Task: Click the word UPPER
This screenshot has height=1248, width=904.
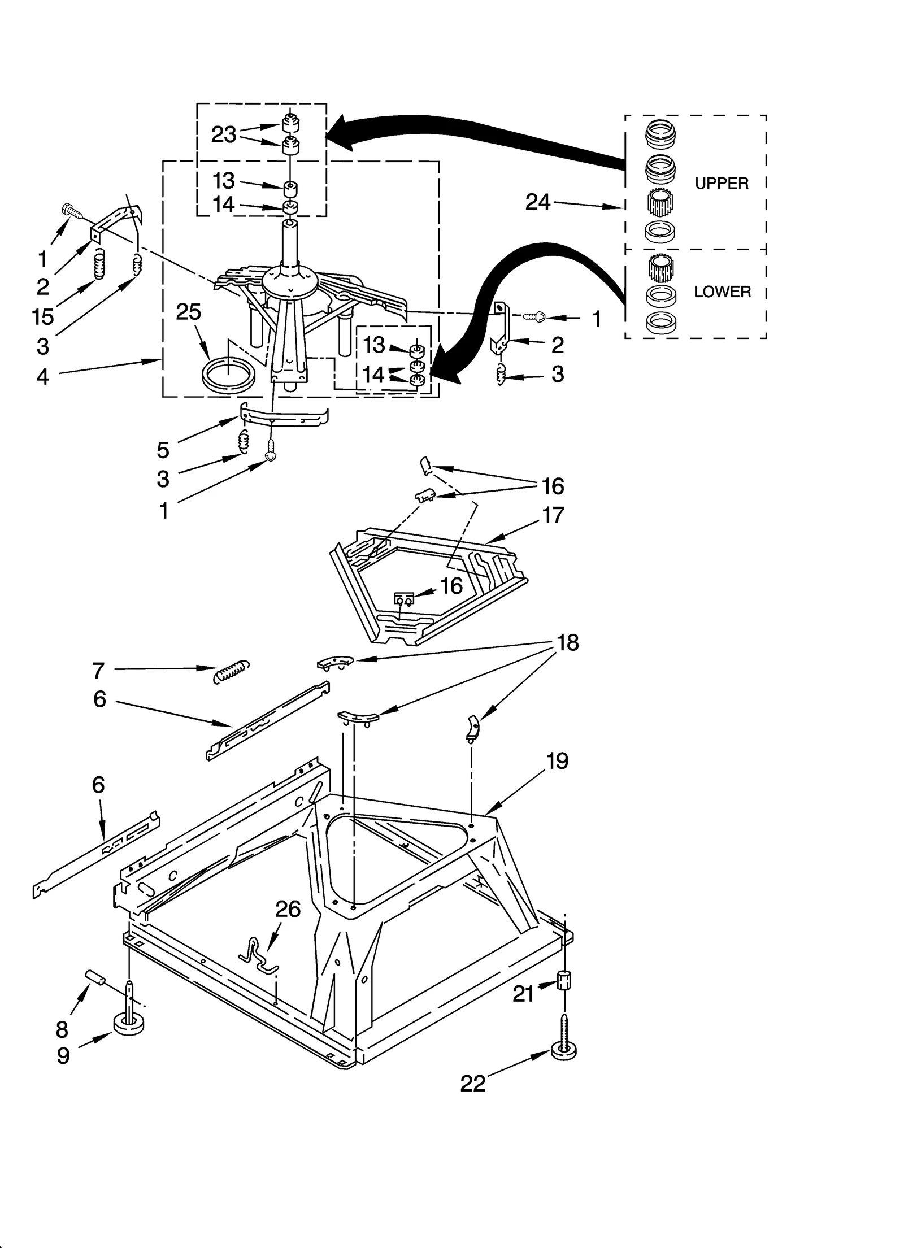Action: pyautogui.click(x=721, y=184)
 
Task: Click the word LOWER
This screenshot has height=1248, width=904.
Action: pyautogui.click(x=722, y=292)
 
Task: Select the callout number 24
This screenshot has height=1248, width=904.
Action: pyautogui.click(x=537, y=202)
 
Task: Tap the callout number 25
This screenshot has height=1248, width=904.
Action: pyautogui.click(x=188, y=311)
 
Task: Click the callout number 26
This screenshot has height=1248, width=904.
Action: pyautogui.click(x=288, y=909)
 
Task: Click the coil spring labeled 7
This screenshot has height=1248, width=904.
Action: pyautogui.click(x=232, y=671)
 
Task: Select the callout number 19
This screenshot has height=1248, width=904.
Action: pyautogui.click(x=557, y=761)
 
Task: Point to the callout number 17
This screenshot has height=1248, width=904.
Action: pyautogui.click(x=553, y=515)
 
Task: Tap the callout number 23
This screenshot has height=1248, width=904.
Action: pyautogui.click(x=224, y=134)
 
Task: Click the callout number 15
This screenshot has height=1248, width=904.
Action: pyautogui.click(x=43, y=316)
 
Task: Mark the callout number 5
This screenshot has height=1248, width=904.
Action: pyautogui.click(x=163, y=450)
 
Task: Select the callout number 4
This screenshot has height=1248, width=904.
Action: pyautogui.click(x=43, y=376)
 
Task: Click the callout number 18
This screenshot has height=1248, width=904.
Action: pyautogui.click(x=567, y=642)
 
